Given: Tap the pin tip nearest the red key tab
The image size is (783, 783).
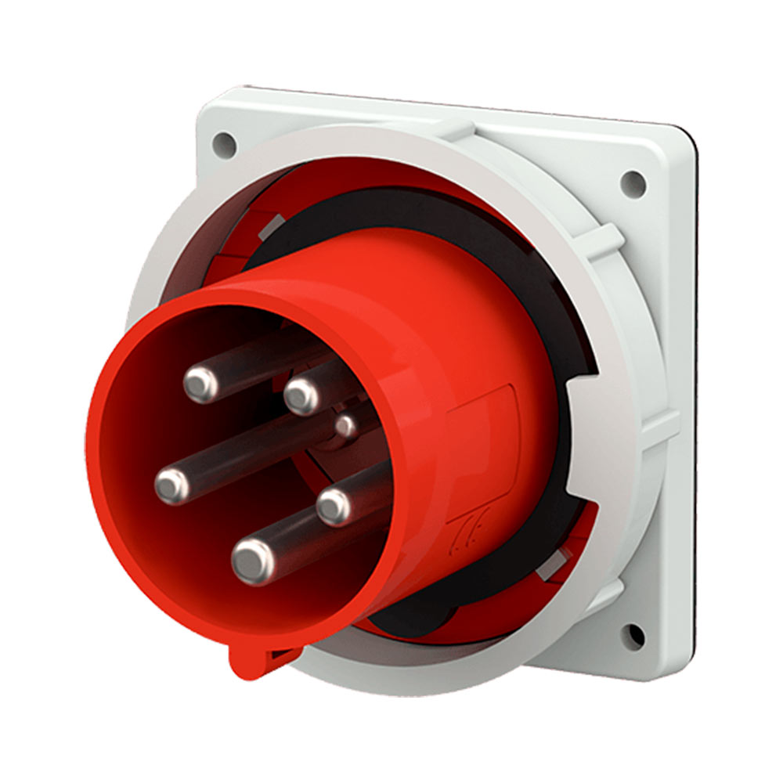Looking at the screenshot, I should [x=253, y=559].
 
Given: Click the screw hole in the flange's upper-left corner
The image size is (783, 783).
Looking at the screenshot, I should [x=224, y=144].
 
